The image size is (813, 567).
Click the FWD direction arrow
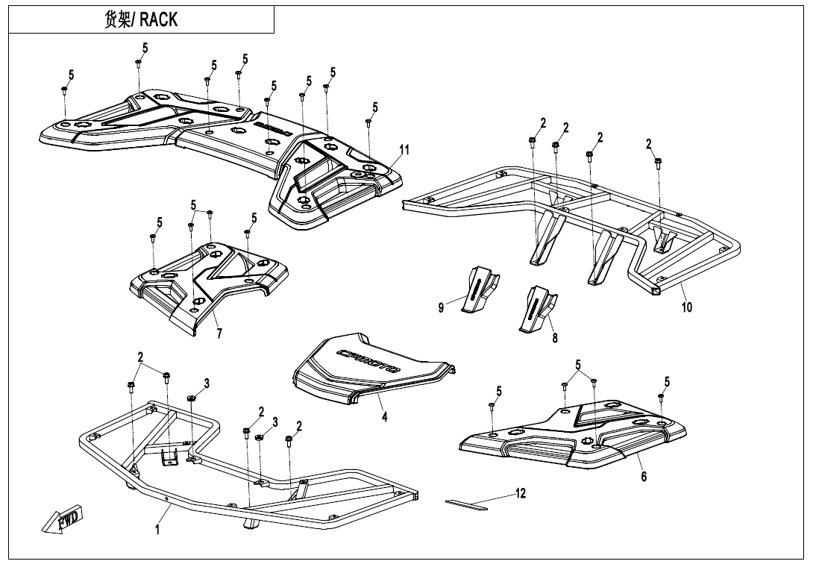(64, 520)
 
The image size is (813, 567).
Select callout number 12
(521, 493)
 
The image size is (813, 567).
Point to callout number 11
(404, 150)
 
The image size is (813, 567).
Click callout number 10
(687, 306)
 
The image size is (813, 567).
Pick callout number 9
(442, 307)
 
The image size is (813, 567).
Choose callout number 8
(554, 337)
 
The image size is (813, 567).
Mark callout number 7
(219, 333)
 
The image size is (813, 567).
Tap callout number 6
(644, 477)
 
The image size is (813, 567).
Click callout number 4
(385, 417)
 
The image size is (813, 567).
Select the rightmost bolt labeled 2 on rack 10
(658, 162)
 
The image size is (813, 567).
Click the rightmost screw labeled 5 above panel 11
(368, 122)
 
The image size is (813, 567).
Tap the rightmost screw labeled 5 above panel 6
(661, 398)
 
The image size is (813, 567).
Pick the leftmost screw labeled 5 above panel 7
(153, 238)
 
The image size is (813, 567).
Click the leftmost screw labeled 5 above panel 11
(65, 90)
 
